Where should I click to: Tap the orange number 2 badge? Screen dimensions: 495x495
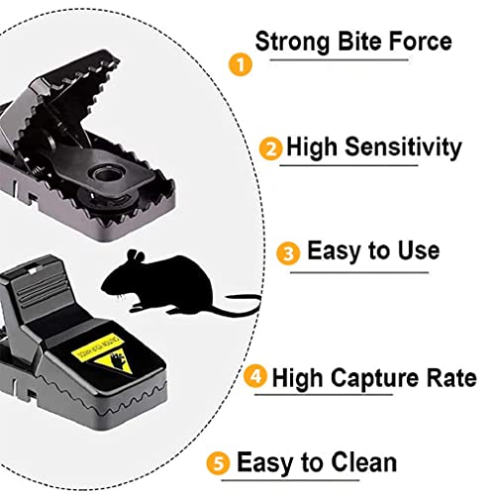coord(270,150)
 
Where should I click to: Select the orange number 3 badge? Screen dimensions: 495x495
coord(288,253)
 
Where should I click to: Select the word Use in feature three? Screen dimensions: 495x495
coord(416,251)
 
